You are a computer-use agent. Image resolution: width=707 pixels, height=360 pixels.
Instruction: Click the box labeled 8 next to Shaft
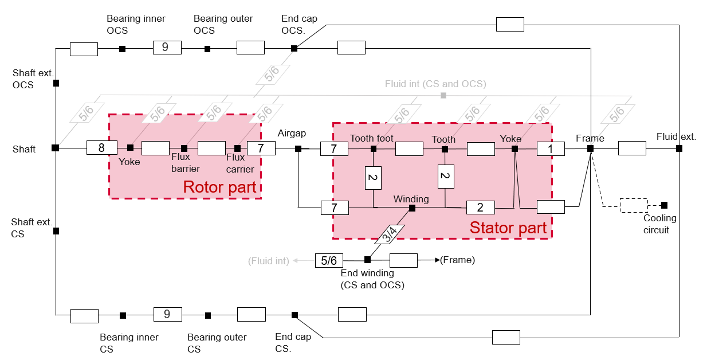[101, 148]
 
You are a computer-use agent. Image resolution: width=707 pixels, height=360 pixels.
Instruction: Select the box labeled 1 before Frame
[551, 148]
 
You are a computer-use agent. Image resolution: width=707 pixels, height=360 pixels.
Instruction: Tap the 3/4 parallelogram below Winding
[390, 233]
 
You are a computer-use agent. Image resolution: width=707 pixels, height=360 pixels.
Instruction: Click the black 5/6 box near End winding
[329, 260]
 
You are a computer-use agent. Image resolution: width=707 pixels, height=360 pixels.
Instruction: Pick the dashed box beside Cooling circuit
[634, 205]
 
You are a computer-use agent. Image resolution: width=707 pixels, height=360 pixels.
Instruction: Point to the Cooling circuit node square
[664, 205]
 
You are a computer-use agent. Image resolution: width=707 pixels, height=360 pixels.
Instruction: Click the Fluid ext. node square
[679, 148]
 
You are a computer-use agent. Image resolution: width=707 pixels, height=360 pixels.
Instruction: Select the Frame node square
[590, 148]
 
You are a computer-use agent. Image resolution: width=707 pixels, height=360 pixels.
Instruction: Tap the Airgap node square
[298, 148]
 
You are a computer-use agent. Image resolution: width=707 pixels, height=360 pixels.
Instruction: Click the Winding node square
[412, 208]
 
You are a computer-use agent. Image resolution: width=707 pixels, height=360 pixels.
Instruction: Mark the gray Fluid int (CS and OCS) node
[443, 95]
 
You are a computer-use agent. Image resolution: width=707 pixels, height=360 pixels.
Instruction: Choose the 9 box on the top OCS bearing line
[167, 48]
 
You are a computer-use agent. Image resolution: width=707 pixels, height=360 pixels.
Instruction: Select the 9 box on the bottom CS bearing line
[167, 314]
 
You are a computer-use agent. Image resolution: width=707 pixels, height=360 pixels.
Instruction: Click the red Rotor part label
[219, 187]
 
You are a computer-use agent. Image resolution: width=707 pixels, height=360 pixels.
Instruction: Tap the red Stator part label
[508, 228]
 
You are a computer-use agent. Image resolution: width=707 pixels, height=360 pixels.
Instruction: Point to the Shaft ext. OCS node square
[56, 83]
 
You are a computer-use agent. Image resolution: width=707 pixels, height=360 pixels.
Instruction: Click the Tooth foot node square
[373, 148]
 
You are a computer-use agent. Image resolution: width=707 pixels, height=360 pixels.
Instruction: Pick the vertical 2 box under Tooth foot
[373, 178]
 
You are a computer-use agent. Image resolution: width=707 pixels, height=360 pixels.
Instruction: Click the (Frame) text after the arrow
[457, 260]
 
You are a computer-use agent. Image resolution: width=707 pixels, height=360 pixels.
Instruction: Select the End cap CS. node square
[294, 315]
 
